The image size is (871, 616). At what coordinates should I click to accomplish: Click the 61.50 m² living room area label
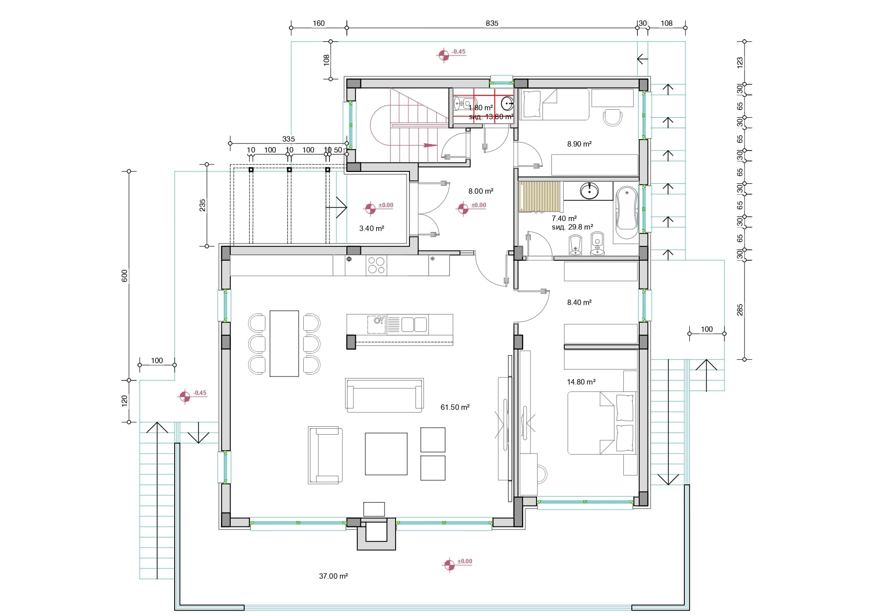coord(455,407)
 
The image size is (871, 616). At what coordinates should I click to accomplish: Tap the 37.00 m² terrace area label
coord(333,576)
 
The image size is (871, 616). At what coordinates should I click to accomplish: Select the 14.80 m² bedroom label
coord(581,382)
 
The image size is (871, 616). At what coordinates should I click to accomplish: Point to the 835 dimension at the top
coord(492,23)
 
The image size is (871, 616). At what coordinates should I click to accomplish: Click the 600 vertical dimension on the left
coord(125,276)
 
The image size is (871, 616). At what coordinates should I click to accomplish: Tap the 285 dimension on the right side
coord(739,310)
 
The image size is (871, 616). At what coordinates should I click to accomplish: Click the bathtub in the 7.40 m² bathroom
coord(626,213)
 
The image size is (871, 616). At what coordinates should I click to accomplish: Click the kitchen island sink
coord(377,323)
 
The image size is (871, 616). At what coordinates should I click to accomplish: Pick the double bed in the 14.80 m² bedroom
coord(602,423)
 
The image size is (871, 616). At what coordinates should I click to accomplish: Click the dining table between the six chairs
coord(284,343)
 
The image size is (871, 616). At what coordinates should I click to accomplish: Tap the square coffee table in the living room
coord(386,454)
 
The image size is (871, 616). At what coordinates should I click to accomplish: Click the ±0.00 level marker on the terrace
coord(449,565)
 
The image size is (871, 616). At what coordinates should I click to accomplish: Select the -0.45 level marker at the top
coord(443,55)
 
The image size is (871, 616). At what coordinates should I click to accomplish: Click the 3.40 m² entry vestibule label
coord(371,229)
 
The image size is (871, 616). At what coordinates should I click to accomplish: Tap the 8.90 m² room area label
coord(579,144)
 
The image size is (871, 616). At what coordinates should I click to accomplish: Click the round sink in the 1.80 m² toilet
coord(507,103)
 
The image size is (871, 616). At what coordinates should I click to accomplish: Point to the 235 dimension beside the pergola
coord(202,205)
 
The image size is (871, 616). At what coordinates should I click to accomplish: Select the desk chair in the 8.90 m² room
coord(612,117)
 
